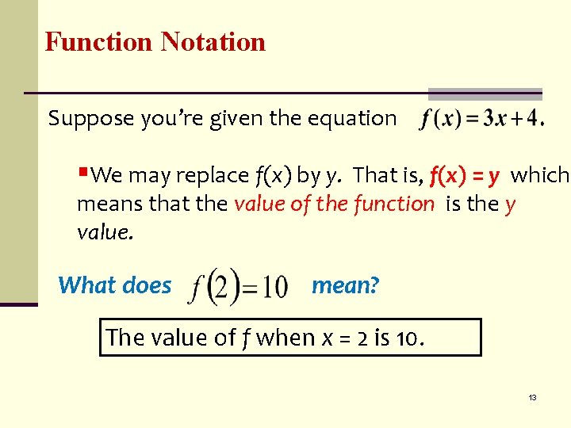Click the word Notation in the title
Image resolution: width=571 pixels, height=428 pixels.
[213, 41]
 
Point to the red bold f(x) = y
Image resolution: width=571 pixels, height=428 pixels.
[465, 174]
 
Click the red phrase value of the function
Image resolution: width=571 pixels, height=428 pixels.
[334, 204]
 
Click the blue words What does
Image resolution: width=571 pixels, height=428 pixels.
[115, 285]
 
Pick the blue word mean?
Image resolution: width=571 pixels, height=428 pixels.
[346, 285]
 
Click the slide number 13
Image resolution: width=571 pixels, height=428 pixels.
[532, 397]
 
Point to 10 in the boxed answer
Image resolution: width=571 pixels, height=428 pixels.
[407, 338]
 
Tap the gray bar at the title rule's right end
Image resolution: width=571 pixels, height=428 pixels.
[485, 94]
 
